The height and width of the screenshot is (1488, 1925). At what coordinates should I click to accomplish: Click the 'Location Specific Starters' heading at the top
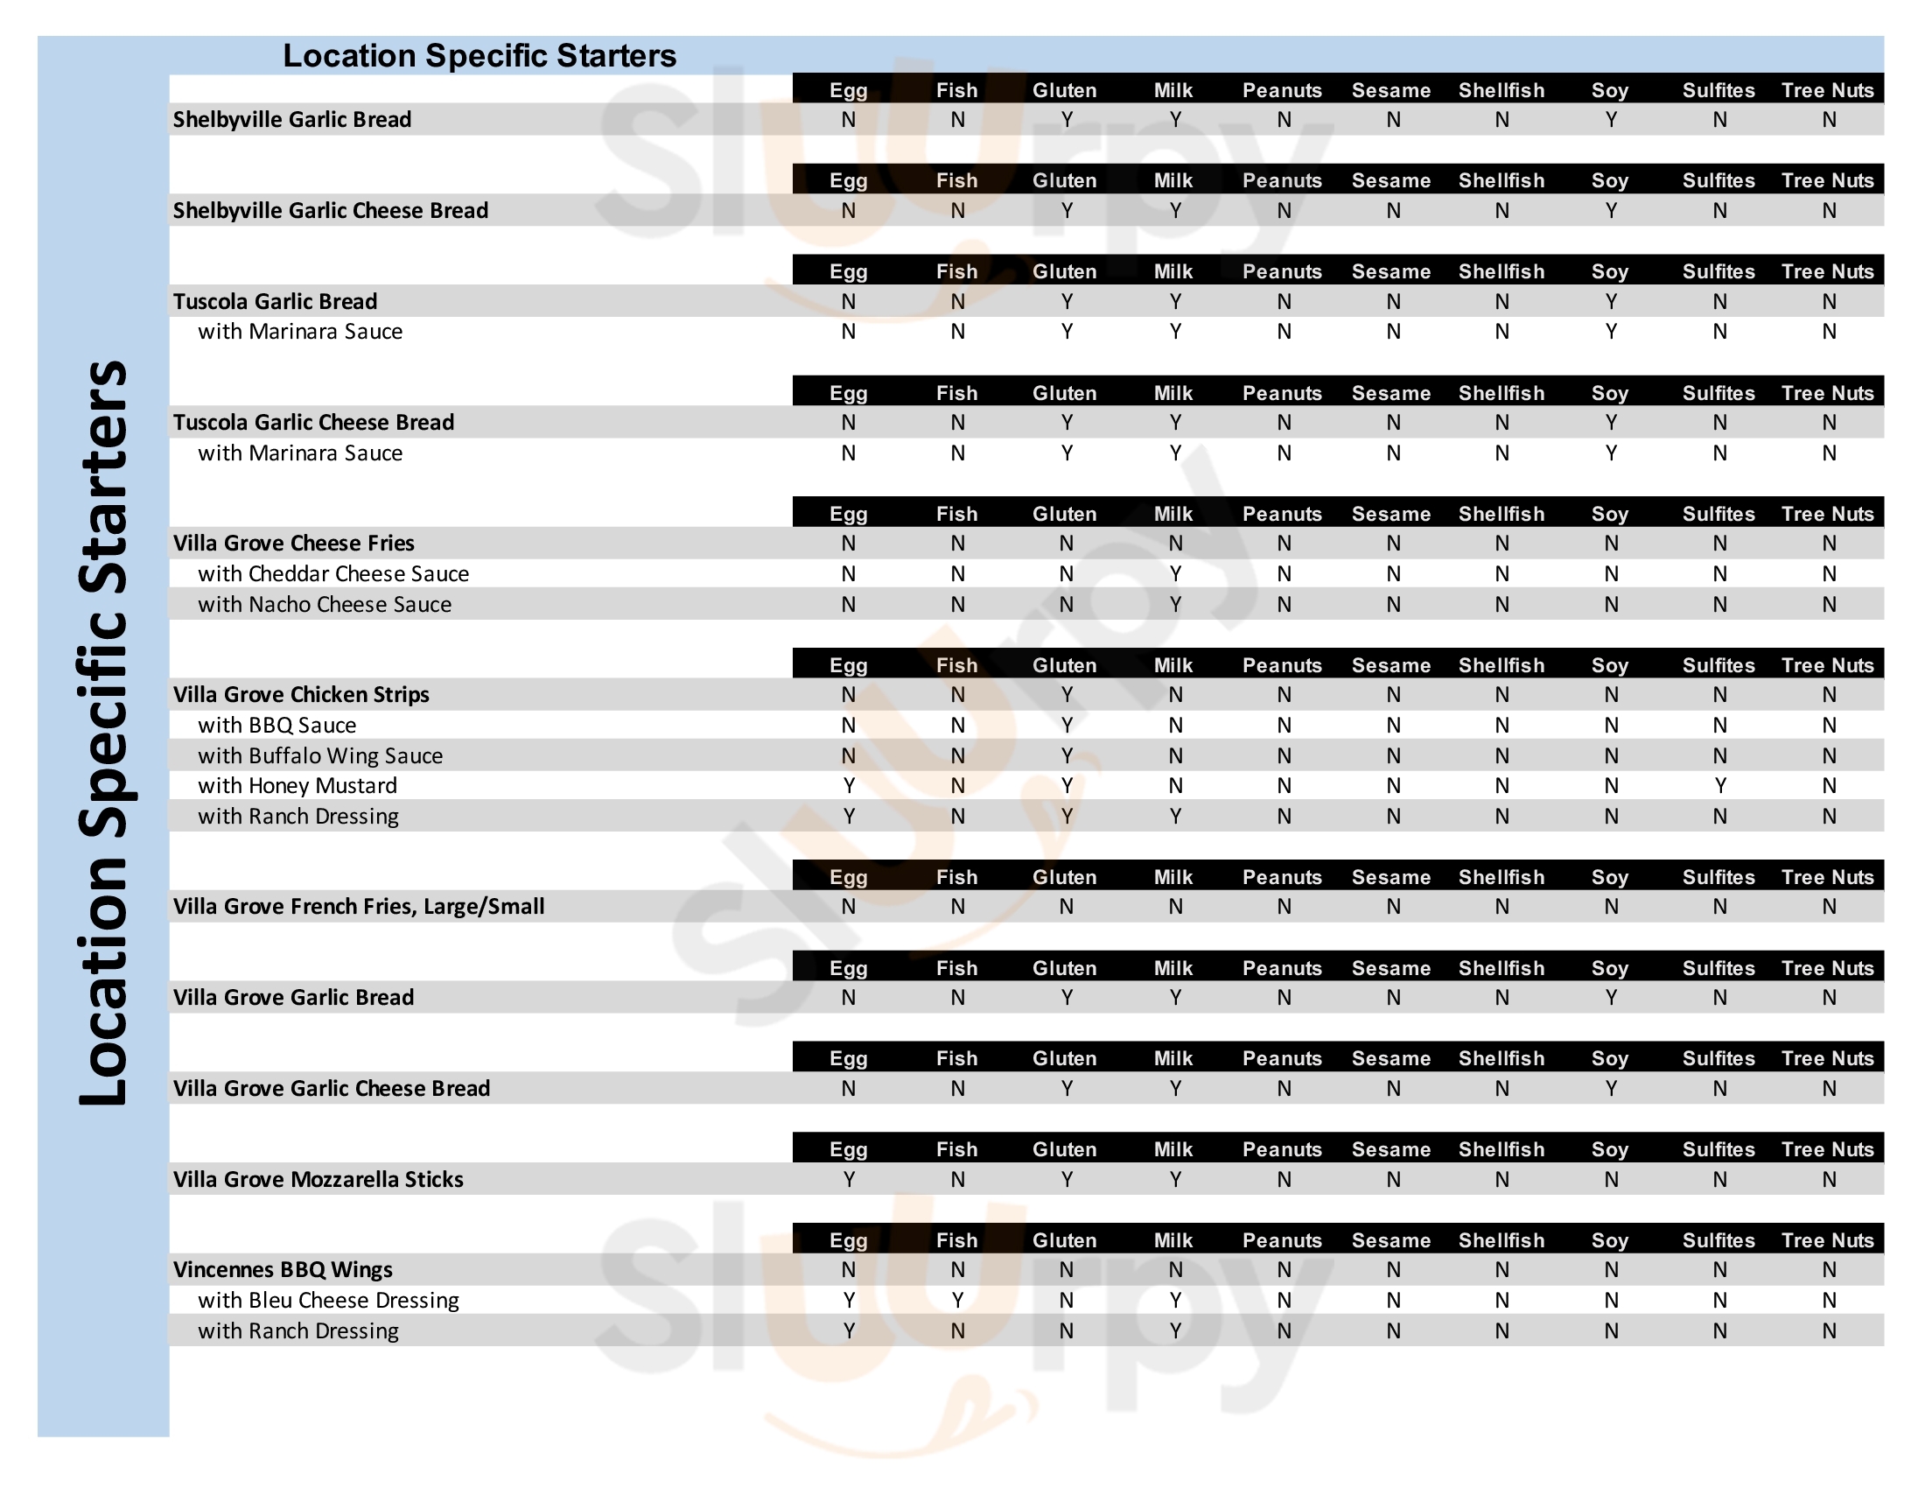pyautogui.click(x=479, y=55)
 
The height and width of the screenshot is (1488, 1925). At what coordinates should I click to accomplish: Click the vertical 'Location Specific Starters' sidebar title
pyautogui.click(x=104, y=732)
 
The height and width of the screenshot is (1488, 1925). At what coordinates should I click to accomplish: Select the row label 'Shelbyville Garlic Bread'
pyautogui.click(x=291, y=120)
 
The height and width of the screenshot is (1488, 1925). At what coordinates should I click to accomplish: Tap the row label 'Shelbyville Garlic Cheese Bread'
pyautogui.click(x=330, y=211)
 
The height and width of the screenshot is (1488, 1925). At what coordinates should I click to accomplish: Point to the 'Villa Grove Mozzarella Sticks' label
pyautogui.click(x=318, y=1180)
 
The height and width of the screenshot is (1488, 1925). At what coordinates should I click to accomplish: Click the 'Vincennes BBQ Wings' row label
pyautogui.click(x=282, y=1270)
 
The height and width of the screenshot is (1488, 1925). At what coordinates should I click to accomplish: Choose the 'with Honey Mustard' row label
pyautogui.click(x=297, y=785)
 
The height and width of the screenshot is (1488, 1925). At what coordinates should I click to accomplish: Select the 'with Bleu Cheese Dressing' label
pyautogui.click(x=328, y=1300)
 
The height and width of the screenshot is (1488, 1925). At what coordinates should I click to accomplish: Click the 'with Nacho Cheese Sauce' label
pyautogui.click(x=325, y=605)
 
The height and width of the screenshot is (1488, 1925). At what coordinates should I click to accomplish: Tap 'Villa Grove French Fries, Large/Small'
pyautogui.click(x=358, y=906)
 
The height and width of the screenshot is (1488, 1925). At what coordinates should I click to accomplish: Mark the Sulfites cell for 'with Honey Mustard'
pyautogui.click(x=1719, y=785)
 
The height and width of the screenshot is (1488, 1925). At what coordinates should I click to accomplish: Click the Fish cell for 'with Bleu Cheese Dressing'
pyautogui.click(x=957, y=1300)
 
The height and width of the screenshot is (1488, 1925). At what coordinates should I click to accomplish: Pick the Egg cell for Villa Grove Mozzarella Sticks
pyautogui.click(x=848, y=1180)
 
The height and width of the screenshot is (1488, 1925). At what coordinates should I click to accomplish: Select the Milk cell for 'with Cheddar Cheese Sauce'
pyautogui.click(x=1175, y=574)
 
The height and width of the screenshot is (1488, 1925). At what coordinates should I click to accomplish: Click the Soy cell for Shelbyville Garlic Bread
pyautogui.click(x=1610, y=120)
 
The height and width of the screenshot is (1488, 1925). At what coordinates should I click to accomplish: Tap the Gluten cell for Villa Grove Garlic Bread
pyautogui.click(x=1066, y=998)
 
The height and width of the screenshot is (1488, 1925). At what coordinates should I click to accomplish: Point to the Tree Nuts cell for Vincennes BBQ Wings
pyautogui.click(x=1828, y=1270)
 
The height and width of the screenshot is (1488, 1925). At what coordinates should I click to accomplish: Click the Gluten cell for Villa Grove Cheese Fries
pyautogui.click(x=1066, y=544)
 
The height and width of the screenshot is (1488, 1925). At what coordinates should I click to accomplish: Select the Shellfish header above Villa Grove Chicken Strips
pyautogui.click(x=1501, y=665)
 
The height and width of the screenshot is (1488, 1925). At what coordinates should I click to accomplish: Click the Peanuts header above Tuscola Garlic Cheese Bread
pyautogui.click(x=1282, y=393)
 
